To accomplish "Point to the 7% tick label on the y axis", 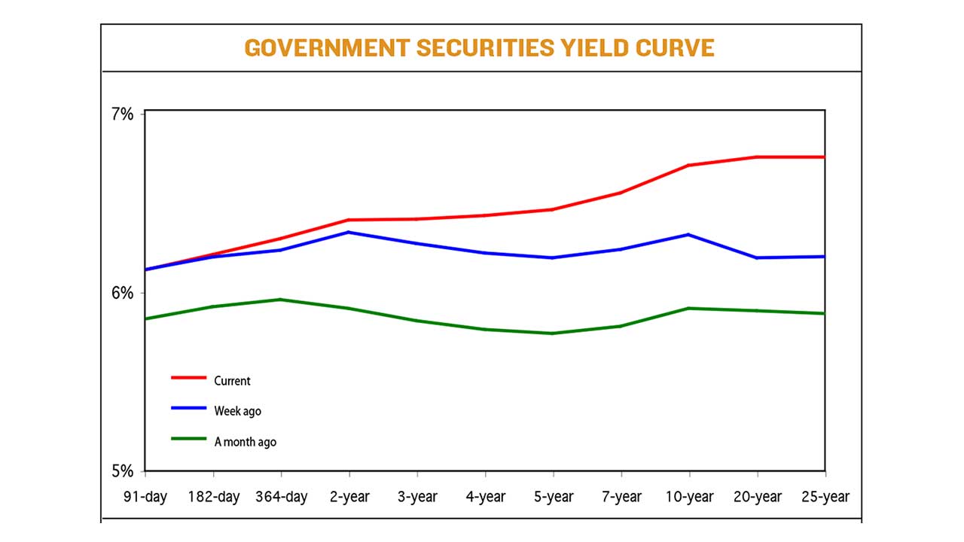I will (122, 114).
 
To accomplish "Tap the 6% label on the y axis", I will (122, 292).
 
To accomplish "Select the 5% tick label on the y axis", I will (122, 470).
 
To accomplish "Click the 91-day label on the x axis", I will (145, 497).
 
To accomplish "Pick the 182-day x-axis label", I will (213, 497).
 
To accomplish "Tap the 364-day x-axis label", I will (281, 497).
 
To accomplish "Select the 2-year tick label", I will (349, 497).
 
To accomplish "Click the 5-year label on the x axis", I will (553, 497).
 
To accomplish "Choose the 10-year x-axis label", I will (688, 497).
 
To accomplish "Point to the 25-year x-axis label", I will (825, 497).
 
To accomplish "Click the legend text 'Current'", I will (232, 381).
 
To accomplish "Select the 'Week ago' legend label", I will (237, 411).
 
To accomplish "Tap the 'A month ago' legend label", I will (245, 442).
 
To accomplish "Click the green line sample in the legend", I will (188, 439).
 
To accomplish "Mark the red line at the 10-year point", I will (688, 165).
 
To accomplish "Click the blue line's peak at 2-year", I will (349, 232).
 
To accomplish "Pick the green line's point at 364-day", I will (281, 300).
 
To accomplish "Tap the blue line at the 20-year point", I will (757, 257).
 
